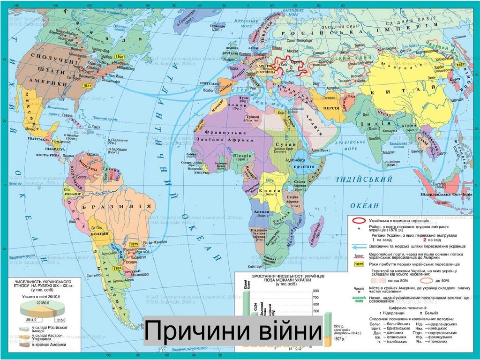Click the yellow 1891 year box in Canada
point(120,56)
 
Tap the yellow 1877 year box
point(87,86)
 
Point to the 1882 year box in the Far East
point(461,64)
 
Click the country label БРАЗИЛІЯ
point(117,206)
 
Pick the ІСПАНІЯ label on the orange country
point(225,89)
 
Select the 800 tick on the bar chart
point(315,291)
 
